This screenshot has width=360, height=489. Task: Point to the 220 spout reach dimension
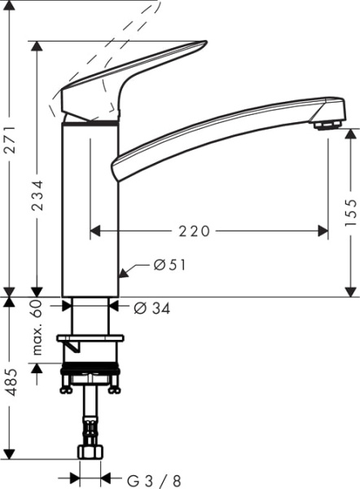195,231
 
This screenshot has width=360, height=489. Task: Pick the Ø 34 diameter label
151,307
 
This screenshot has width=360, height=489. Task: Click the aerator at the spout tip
327,122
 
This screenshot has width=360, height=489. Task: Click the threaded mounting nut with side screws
90,378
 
